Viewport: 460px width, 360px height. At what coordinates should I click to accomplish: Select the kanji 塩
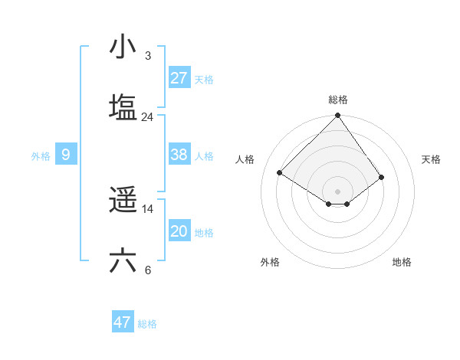(123, 107)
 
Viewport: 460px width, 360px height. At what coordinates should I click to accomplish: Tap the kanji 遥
(123, 201)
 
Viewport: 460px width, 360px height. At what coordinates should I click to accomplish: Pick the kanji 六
(123, 261)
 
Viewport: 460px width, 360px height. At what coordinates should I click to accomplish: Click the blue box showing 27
(179, 78)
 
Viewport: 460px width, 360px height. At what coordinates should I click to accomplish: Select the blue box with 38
(179, 155)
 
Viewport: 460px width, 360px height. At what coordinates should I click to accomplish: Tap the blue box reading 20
(179, 231)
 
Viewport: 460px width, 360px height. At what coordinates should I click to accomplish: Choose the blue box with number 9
(66, 155)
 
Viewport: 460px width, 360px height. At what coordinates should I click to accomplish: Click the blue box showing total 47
(123, 322)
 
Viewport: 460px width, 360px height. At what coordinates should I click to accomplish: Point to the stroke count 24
(148, 117)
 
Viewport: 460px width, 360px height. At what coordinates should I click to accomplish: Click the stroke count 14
(148, 209)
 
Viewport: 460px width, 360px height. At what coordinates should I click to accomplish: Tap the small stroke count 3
(148, 56)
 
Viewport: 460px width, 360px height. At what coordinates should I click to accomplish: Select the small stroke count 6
(148, 270)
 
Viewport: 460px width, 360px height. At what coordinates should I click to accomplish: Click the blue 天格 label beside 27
(204, 79)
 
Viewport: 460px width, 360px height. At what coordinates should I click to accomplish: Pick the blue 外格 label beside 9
(41, 155)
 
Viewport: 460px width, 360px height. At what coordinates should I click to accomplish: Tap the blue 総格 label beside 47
(147, 323)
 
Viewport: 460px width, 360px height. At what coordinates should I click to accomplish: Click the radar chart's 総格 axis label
(338, 100)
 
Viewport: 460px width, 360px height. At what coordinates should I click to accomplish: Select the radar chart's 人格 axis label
(245, 159)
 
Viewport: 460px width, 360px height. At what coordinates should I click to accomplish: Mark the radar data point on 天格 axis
(381, 177)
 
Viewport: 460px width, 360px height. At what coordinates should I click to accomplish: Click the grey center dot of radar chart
(338, 191)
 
